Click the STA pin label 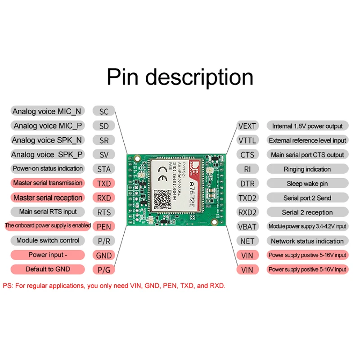[x=104, y=169]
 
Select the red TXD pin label [x=104, y=184]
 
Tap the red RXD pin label [x=104, y=198]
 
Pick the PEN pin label [x=104, y=226]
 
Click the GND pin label [x=104, y=255]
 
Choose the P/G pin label [x=104, y=270]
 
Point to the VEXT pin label [x=247, y=126]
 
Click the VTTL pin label [x=247, y=140]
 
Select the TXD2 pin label [x=247, y=198]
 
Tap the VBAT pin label [x=247, y=226]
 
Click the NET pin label [x=247, y=241]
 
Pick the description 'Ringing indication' [x=307, y=169]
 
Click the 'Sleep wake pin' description [x=307, y=184]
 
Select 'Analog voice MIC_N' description [x=47, y=112]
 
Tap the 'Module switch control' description [x=47, y=240]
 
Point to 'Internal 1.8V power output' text [x=307, y=126]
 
